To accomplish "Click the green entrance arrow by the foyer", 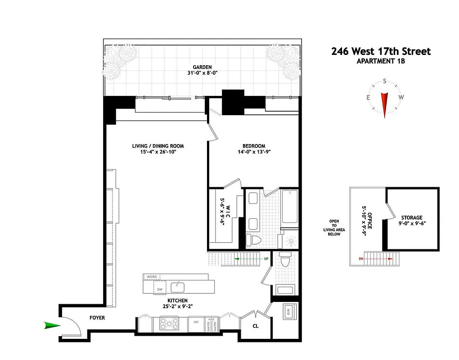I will click(52, 325).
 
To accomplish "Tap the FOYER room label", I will click(97, 318).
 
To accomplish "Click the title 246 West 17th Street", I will click(381, 51).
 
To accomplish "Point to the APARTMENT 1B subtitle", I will click(381, 61).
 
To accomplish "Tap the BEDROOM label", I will click(254, 146).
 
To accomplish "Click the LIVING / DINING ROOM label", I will click(157, 146).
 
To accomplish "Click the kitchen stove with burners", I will click(169, 324).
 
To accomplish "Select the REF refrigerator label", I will click(196, 322).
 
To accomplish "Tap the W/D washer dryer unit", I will click(288, 310).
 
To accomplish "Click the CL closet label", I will click(255, 326).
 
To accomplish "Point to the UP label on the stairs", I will click(266, 259).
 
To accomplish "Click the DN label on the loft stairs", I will click(360, 259).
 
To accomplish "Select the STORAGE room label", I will click(412, 217).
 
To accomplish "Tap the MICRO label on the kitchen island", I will click(151, 276).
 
